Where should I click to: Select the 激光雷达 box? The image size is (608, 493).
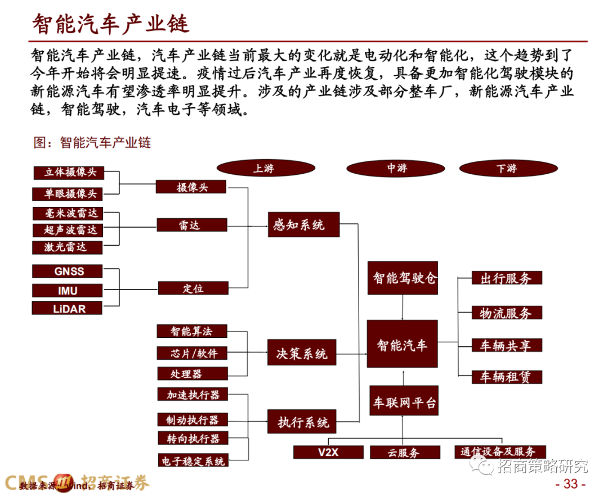[x=67, y=247]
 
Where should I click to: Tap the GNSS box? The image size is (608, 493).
[x=68, y=271]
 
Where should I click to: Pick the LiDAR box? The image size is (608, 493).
[x=68, y=308]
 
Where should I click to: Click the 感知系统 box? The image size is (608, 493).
[x=303, y=225]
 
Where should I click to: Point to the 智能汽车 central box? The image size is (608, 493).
[x=402, y=344]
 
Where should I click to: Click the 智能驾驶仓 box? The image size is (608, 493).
[x=403, y=278]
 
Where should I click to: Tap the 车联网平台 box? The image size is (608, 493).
[x=403, y=402]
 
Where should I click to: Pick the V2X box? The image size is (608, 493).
[x=328, y=452]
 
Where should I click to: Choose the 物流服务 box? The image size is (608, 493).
[x=507, y=313]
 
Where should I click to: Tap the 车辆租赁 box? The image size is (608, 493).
[x=507, y=377]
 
